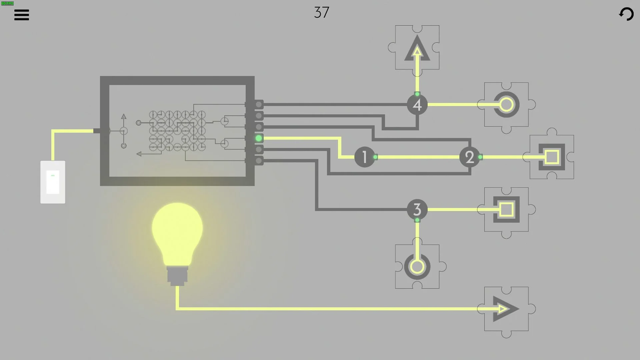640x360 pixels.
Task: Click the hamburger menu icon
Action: [x=22, y=15]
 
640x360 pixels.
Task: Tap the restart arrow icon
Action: [x=626, y=14]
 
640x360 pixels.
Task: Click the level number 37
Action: [x=321, y=13]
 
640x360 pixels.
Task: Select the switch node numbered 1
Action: [x=364, y=157]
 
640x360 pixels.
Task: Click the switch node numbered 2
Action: [x=469, y=157]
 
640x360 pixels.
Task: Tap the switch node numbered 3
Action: [x=417, y=209]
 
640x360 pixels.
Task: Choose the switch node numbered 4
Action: [x=417, y=105]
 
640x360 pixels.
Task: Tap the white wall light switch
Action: [x=53, y=182]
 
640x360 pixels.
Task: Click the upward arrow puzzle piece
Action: [x=417, y=48]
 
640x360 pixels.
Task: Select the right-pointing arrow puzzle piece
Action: [x=506, y=309]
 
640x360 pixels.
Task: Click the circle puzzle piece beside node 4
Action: [x=506, y=105]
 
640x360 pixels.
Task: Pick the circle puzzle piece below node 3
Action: [x=417, y=267]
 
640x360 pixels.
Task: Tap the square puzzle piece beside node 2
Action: [x=552, y=157]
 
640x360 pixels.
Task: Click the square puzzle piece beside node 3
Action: [x=506, y=209]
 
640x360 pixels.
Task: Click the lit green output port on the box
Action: [x=259, y=138]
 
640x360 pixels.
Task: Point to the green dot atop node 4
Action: [x=417, y=94]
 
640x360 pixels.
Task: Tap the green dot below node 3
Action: [x=417, y=220]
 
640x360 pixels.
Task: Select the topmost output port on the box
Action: [x=259, y=105]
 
